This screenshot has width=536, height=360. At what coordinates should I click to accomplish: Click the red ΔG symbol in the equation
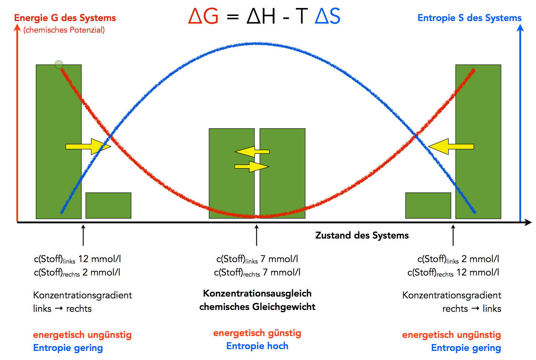pos(203,16)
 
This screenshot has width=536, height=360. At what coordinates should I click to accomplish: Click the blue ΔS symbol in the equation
pos(327,16)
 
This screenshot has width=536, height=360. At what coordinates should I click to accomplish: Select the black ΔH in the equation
pos(261,16)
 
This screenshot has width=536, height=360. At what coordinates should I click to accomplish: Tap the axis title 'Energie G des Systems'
pos(65,18)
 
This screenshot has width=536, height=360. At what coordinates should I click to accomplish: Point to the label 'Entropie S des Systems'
pos(469,18)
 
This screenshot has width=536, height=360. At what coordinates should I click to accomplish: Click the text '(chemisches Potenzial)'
pos(64,30)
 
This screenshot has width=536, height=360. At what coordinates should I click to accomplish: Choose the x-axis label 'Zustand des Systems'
pos(362,235)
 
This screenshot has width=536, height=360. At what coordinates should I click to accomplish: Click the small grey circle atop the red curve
pos(59,65)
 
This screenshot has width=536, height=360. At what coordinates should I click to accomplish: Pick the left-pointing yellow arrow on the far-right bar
pos(451,146)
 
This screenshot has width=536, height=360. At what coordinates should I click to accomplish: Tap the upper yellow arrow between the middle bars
pos(252,152)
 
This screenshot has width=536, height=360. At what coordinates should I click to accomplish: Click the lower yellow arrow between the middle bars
pos(252,167)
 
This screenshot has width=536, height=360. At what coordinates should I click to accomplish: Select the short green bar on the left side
pos(108,206)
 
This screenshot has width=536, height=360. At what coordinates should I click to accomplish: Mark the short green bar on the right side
pos(428,206)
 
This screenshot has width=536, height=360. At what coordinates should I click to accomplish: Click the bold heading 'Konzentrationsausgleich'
pos(257,293)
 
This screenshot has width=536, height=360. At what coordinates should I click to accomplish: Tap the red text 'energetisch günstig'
pos(257,333)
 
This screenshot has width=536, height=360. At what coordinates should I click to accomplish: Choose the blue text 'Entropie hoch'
pos(257,346)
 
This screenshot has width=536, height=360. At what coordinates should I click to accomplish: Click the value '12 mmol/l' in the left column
pos(99,259)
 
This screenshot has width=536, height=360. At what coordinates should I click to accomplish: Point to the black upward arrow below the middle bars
pos(257,235)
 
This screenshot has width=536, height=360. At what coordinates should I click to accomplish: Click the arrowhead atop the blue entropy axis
pos(520,28)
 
